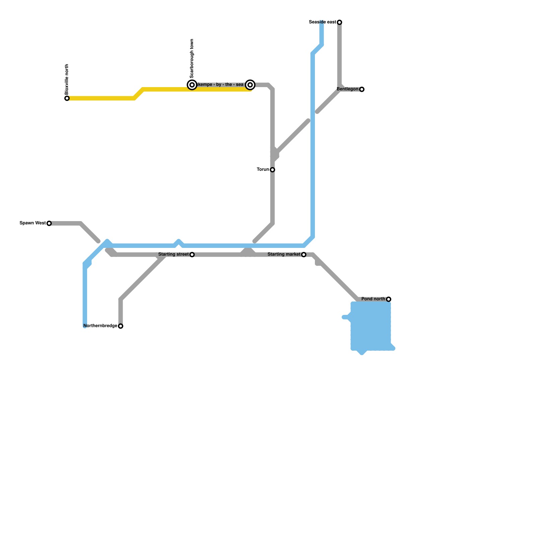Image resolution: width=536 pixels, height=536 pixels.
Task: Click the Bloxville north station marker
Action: [x=67, y=98]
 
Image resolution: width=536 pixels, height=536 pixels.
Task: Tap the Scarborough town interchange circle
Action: [x=192, y=85]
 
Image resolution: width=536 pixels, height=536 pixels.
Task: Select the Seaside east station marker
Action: [x=339, y=22]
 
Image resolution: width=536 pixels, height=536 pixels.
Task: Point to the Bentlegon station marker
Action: [x=362, y=89]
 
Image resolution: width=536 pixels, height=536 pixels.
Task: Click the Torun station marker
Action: [x=272, y=170]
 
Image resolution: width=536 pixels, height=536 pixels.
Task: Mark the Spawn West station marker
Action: [x=49, y=223]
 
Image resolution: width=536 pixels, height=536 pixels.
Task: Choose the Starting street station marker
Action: [x=192, y=255]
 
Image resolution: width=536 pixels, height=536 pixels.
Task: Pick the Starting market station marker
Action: [x=304, y=255]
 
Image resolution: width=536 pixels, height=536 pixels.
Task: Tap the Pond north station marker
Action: [x=389, y=299]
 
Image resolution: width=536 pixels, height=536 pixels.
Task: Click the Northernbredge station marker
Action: [x=121, y=326]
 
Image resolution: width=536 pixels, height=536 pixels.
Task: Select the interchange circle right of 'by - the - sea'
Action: [x=250, y=85]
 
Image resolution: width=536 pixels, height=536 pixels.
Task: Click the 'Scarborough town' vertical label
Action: [x=192, y=59]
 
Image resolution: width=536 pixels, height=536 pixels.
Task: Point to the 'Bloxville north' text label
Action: [x=67, y=79]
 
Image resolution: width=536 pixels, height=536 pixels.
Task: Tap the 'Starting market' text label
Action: [x=284, y=255]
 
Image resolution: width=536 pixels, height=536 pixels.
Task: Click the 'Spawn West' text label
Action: [x=32, y=223]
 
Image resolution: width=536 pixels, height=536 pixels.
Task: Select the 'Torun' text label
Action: [x=263, y=170]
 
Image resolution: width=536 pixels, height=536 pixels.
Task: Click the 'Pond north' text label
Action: [x=373, y=299]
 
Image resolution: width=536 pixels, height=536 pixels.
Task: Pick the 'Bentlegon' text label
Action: [x=347, y=89]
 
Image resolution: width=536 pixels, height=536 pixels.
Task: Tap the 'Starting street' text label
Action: [x=173, y=255]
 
